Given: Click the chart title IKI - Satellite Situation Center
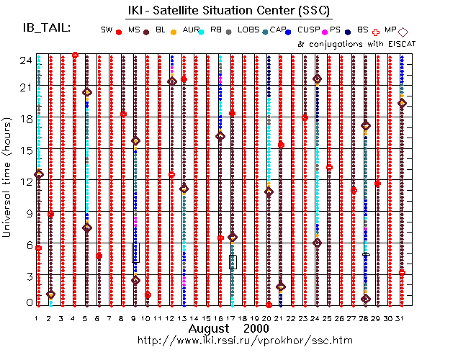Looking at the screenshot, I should [229, 9].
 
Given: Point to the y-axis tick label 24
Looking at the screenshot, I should [24, 60].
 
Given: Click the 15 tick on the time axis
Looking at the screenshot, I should [24, 150].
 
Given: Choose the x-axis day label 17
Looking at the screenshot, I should [232, 318].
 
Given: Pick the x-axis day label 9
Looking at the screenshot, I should [135, 318].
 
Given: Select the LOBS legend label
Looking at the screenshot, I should [247, 30].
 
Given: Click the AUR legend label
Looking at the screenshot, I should [190, 30].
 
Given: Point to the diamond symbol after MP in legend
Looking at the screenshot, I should [403, 32].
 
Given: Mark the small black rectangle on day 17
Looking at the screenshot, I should [233, 261].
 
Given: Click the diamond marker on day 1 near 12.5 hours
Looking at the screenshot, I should [39, 174].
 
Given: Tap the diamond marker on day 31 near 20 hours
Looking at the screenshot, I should [402, 103].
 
